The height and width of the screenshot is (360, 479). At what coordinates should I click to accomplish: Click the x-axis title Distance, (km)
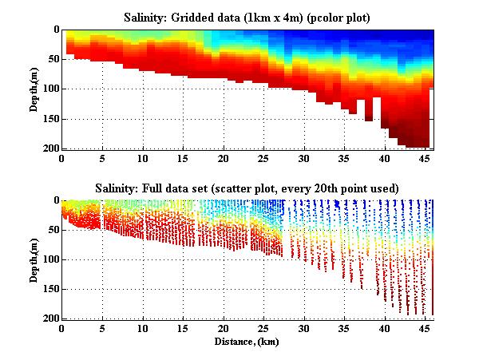pos(247,340)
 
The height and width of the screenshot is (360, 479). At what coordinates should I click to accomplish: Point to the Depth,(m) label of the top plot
pos(36,90)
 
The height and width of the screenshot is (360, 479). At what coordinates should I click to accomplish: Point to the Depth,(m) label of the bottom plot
pos(36,260)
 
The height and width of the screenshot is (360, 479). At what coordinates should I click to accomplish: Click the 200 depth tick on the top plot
pos(51,148)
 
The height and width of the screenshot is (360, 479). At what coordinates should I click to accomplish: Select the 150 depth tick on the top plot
pos(51,119)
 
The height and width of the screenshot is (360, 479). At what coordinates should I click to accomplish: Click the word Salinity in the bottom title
pos(97,188)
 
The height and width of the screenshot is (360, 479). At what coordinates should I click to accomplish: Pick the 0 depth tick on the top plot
pos(56,30)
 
